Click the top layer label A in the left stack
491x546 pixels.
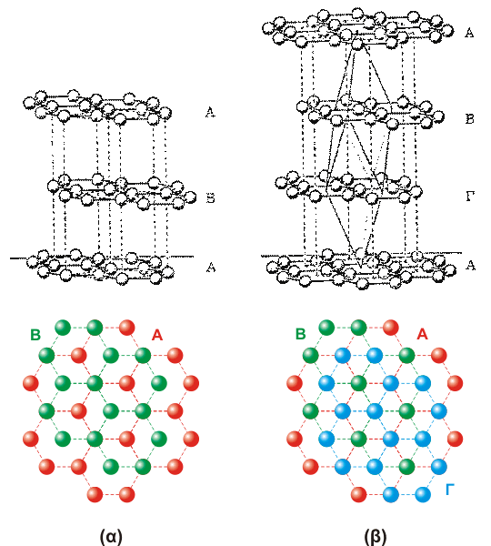tap(210, 113)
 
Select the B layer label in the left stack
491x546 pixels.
tap(211, 198)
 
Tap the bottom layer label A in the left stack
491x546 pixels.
tap(211, 267)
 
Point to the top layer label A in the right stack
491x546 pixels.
tap(469, 33)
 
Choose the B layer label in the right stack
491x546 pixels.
tap(469, 119)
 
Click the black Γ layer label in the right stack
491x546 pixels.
tap(470, 197)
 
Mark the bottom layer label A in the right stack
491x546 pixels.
tap(470, 266)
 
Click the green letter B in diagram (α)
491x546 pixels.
tap(35, 335)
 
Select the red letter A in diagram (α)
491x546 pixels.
tap(157, 335)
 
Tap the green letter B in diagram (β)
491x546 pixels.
tap(301, 334)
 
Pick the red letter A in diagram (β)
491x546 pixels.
tap(422, 334)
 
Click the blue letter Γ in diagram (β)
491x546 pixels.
tap(450, 490)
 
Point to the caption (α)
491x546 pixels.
tap(111, 536)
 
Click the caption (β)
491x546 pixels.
tap(376, 536)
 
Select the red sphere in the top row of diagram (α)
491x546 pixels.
tap(126, 328)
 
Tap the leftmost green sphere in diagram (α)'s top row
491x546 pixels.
tap(63, 328)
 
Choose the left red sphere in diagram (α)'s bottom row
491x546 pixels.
tap(95, 494)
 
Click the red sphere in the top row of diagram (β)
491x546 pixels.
tap(390, 328)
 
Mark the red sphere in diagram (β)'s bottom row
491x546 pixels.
tap(358, 494)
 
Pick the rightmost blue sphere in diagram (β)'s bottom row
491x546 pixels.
tap(423, 494)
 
